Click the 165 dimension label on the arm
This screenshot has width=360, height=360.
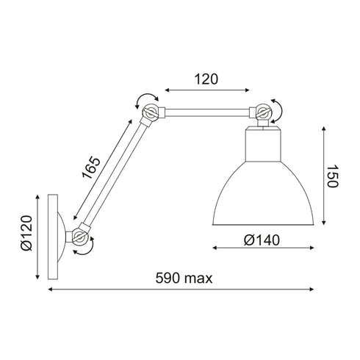pyautogui.click(x=91, y=168)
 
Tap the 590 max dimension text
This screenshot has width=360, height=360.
pyautogui.click(x=184, y=278)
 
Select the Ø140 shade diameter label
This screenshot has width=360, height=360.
pyautogui.click(x=262, y=240)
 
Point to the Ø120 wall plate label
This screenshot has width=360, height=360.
pyautogui.click(x=26, y=233)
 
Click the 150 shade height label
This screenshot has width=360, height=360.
pyautogui.click(x=333, y=176)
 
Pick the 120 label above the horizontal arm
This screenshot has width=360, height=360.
pyautogui.click(x=206, y=79)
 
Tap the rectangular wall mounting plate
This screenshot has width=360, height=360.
pyautogui.click(x=53, y=237)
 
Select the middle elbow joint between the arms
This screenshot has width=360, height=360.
pyautogui.click(x=151, y=113)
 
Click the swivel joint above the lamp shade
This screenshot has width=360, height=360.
pyautogui.click(x=263, y=113)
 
